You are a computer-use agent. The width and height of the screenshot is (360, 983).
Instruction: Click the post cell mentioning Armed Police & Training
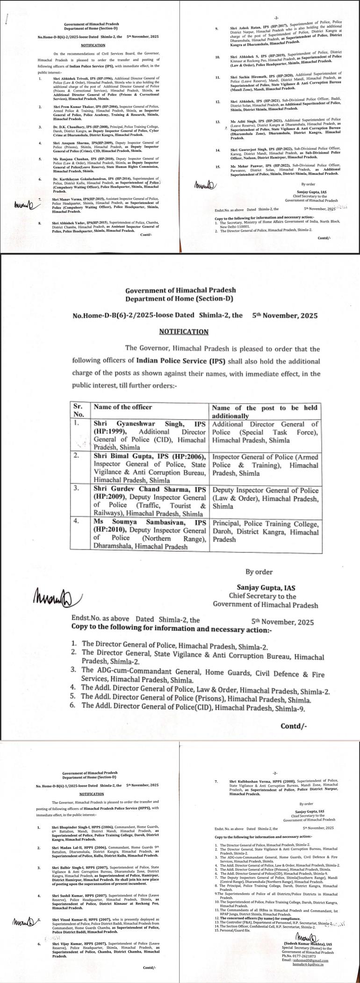(x=265, y=464)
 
